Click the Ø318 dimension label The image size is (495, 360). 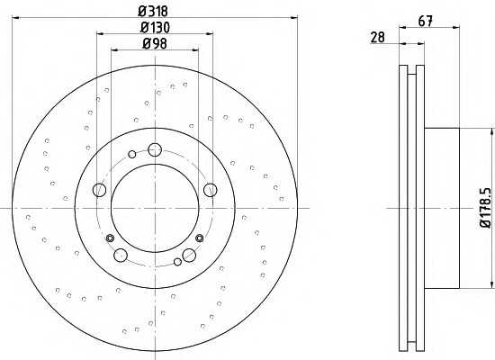coord(153,12)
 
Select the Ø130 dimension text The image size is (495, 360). coord(155,28)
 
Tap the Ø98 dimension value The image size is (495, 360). coord(155,43)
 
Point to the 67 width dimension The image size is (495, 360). coord(425,22)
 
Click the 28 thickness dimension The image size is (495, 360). coord(378,37)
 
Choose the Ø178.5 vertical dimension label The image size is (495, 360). coord(485,208)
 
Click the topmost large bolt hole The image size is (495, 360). coord(155,149)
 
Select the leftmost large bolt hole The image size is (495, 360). coord(99,190)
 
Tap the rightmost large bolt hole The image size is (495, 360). coord(211,190)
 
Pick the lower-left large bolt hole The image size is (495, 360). coord(121,256)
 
